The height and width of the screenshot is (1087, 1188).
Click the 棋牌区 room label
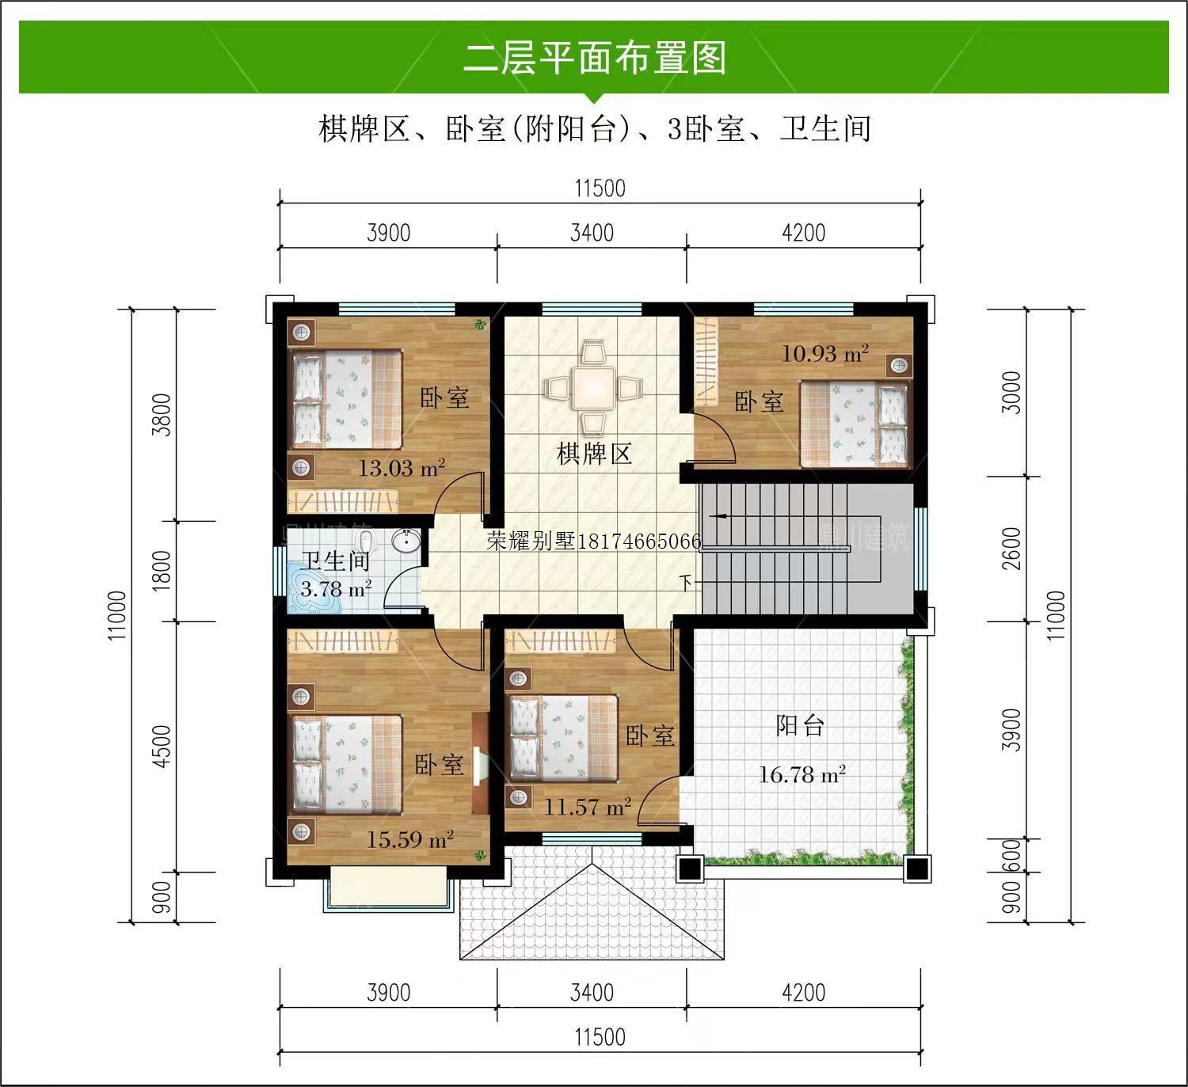594,454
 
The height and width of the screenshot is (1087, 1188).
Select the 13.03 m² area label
402,469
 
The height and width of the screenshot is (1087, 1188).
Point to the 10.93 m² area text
825,353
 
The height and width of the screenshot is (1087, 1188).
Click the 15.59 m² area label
409,839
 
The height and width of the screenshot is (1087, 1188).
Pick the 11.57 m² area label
587,807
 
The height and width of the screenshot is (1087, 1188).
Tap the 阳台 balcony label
800,725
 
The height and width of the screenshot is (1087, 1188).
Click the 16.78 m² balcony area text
802,774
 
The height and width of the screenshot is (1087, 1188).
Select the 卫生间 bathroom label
336,561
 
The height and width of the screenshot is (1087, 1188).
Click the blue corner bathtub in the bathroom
314,586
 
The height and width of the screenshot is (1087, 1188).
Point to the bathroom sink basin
406,540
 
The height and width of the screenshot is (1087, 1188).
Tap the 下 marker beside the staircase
685,583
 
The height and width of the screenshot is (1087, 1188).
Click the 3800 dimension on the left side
162,415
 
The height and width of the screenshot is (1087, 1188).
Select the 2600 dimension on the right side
1011,549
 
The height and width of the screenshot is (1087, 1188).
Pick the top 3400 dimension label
592,234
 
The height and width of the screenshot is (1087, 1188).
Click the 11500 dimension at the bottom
600,1037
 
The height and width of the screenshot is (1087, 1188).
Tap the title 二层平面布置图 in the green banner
594,58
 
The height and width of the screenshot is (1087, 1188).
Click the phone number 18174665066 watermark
639,542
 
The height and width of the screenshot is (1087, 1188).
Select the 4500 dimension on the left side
162,747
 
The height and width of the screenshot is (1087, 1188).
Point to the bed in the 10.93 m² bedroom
854,424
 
